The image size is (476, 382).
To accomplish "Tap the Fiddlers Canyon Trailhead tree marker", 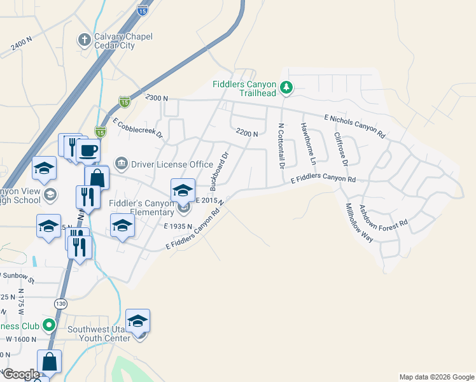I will click(286, 87).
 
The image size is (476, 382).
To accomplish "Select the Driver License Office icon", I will click(121, 164).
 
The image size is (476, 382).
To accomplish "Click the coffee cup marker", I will click(88, 151).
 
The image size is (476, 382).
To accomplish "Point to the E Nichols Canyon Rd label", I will click(354, 127).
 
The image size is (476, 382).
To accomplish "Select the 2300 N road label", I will click(156, 98).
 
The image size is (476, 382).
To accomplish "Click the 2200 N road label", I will click(246, 133).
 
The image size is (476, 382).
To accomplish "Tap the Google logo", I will click(20, 374).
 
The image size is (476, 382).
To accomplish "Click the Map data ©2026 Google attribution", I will click(436, 377).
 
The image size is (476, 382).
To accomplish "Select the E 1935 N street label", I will click(178, 226).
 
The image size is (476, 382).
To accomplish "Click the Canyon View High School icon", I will click(50, 194).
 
